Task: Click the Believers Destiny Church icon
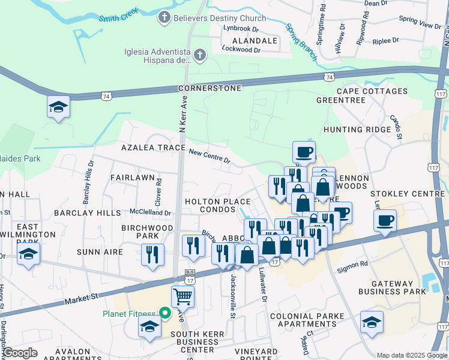click(x=163, y=18)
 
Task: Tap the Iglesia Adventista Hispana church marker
click(x=200, y=56)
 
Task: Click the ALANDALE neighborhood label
click(x=255, y=41)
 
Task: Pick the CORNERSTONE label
click(x=210, y=88)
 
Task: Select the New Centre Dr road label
click(x=209, y=157)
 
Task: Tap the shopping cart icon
click(x=182, y=296)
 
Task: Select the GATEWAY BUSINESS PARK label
click(x=392, y=287)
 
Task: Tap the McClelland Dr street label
click(x=151, y=212)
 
